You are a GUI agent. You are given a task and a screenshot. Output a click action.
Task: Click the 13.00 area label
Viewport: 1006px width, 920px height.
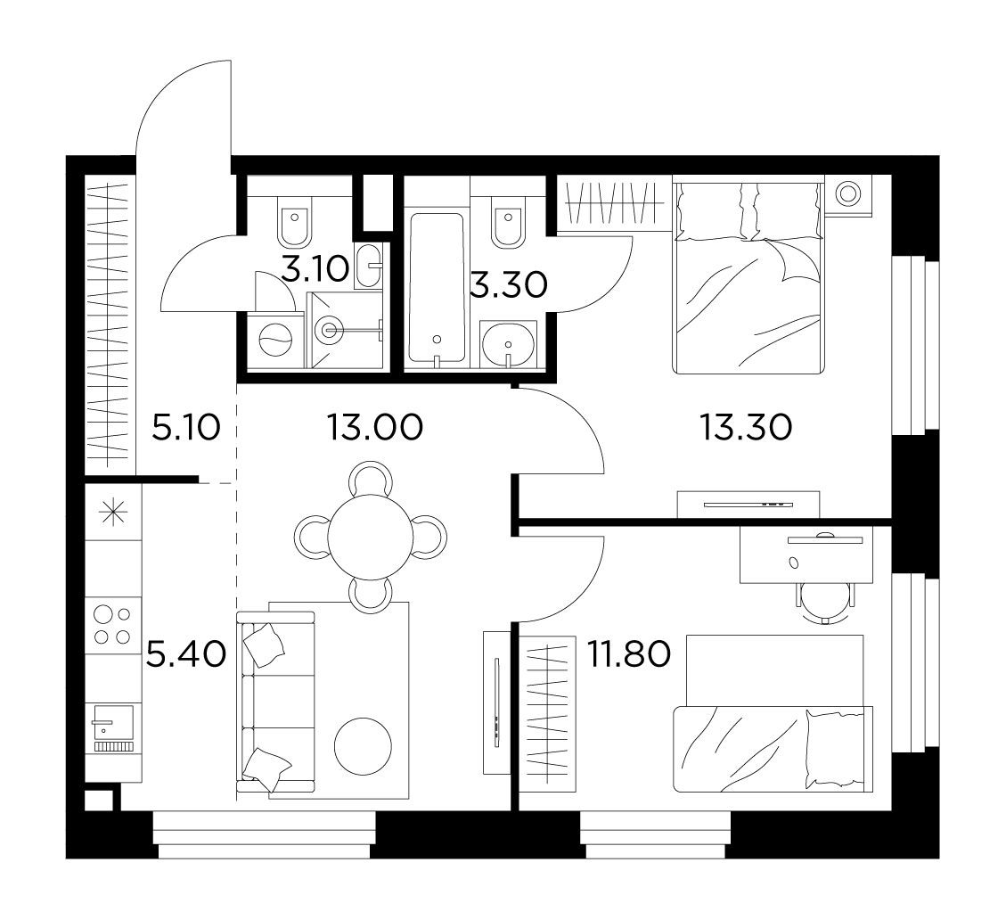click(x=374, y=427)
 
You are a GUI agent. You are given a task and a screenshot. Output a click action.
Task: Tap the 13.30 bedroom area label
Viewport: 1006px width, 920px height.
click(x=746, y=427)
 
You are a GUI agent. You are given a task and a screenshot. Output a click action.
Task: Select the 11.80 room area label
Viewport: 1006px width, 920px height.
click(x=629, y=654)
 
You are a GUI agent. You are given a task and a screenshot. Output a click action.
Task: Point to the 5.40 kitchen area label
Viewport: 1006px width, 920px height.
click(x=186, y=654)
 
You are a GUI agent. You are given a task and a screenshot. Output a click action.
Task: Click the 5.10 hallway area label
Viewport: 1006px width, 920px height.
click(x=186, y=427)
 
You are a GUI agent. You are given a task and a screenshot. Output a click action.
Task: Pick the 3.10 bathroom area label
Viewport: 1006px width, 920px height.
click(x=315, y=269)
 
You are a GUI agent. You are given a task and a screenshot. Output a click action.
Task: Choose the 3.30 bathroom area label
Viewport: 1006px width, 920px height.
click(x=509, y=284)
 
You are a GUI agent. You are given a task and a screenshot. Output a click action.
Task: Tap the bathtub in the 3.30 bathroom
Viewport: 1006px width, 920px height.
click(x=437, y=289)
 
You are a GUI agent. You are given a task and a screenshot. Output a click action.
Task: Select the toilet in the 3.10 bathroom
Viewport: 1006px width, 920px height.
click(x=295, y=220)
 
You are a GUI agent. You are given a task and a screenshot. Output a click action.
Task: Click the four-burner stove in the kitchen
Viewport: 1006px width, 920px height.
click(x=113, y=625)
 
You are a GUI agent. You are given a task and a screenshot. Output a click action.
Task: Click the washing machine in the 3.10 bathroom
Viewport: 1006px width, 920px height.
click(x=275, y=340)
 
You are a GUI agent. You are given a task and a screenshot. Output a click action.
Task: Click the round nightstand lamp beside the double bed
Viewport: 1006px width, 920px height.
click(x=848, y=193)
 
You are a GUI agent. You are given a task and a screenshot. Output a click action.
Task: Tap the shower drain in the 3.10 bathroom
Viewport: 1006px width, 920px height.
click(x=330, y=331)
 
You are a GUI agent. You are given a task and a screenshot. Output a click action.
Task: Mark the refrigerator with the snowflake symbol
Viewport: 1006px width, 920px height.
click(x=113, y=513)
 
